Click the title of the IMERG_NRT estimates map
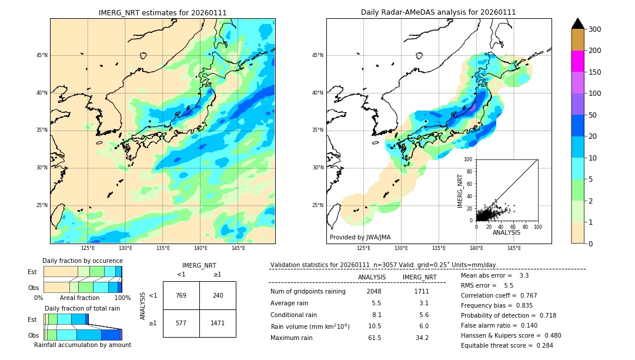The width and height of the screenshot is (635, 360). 162,12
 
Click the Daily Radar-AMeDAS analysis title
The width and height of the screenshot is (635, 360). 438,12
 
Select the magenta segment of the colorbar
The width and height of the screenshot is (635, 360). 577,61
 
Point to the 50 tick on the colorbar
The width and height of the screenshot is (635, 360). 593,115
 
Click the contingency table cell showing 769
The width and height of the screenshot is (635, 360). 181,295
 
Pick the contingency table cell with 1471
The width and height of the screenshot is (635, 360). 218,323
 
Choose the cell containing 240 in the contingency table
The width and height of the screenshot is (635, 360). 218,295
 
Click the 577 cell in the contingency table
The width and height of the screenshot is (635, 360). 181,323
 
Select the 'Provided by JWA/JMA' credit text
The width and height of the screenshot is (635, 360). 360,237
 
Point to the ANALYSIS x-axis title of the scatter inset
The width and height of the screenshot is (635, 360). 506,232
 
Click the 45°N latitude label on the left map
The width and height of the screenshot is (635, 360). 42,55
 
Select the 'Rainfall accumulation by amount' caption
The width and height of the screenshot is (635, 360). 82,345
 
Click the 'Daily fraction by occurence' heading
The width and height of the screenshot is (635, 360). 82,261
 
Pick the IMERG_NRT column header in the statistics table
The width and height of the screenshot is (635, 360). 419,277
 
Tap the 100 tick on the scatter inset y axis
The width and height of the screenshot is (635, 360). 469,159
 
